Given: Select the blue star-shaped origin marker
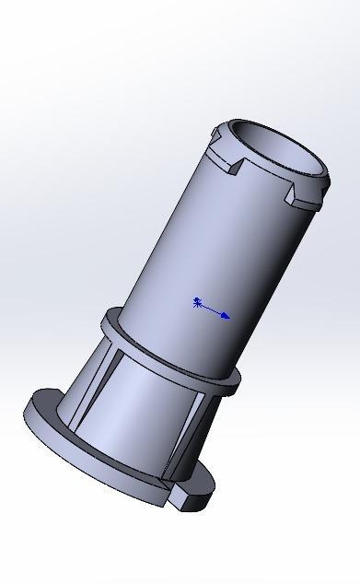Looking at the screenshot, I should pos(198,302).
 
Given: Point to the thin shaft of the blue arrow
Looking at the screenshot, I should pos(212,310).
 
